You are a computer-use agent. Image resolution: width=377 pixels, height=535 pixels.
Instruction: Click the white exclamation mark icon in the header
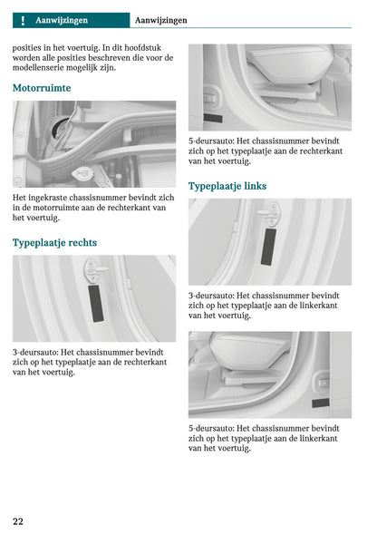click(23, 21)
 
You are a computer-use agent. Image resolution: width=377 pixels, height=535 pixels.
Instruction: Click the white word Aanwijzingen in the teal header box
click(62, 21)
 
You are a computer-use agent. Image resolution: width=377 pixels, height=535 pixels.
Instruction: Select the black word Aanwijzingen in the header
click(161, 21)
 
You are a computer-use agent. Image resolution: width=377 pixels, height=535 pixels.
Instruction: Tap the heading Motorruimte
click(42, 88)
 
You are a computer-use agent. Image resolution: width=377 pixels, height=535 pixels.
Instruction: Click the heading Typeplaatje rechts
click(54, 243)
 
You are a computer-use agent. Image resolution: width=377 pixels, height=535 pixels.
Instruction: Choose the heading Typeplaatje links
click(227, 186)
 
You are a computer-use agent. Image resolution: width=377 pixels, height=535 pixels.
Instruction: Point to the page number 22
click(18, 521)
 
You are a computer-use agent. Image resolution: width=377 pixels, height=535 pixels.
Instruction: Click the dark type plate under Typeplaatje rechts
click(96, 304)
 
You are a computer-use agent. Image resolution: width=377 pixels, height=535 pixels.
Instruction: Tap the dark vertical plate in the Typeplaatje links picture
click(268, 247)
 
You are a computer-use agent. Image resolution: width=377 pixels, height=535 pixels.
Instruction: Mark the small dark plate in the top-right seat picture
click(213, 118)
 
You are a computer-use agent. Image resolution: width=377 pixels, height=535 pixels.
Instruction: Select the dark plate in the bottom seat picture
click(321, 403)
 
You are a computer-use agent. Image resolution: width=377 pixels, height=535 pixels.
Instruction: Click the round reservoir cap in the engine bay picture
click(82, 174)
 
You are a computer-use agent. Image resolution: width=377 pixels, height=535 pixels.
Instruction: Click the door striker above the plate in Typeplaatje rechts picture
click(94, 270)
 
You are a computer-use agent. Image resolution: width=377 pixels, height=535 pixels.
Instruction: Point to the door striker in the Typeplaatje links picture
click(271, 214)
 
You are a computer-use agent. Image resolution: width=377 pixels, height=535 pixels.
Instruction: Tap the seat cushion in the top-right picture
click(290, 64)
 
